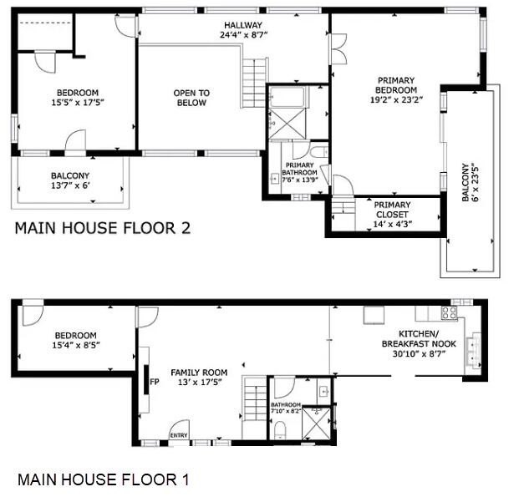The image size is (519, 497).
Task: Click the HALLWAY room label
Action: pos(243,25)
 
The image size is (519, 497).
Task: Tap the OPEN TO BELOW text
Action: pos(191,98)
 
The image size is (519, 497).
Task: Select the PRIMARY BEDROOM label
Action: pos(396,85)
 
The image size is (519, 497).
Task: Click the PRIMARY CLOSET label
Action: pos(392,210)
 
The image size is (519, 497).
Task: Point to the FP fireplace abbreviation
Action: pos(155,382)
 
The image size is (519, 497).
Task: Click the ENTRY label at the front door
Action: pos(179,435)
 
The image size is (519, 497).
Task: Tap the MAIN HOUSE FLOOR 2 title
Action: pos(103,228)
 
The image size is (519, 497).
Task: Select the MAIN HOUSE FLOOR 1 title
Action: pos(104,479)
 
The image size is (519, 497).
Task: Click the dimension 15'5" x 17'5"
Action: pos(78,103)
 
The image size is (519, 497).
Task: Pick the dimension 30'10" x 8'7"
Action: pos(419,353)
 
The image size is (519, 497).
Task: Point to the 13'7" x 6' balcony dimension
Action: pos(70,185)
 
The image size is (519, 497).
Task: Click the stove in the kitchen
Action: pos(449,313)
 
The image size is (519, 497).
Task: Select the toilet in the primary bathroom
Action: pos(319,152)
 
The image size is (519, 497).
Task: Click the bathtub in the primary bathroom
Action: pos(287,97)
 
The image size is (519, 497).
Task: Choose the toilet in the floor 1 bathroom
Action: pos(280,430)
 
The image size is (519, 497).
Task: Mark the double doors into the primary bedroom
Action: pos(338,49)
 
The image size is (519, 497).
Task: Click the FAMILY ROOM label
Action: pos(199,373)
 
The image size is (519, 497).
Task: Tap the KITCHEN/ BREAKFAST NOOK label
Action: pos(419,339)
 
